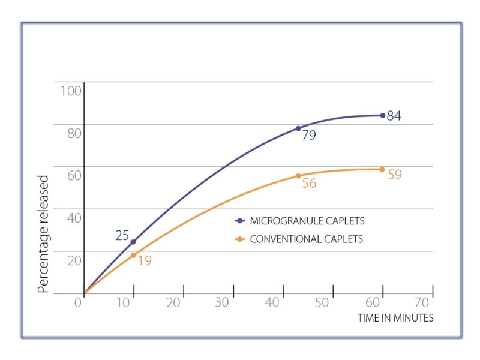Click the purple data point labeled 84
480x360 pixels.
[x=382, y=115]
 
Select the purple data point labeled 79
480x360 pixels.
[x=298, y=128]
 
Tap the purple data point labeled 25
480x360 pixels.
[x=133, y=242]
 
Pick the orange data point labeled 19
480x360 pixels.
[x=134, y=255]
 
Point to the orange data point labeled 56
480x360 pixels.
[x=298, y=176]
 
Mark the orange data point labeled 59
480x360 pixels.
[x=382, y=169]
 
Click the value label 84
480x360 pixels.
[x=394, y=116]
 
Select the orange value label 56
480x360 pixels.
[x=309, y=184]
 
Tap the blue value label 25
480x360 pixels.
[x=122, y=235]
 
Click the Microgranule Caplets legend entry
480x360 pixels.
[x=300, y=221]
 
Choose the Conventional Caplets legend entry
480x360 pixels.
[x=300, y=239]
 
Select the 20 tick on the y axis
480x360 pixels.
[x=73, y=260]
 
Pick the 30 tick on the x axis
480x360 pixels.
[x=222, y=302]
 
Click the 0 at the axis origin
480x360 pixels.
[x=77, y=302]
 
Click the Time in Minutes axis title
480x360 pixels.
[x=395, y=318]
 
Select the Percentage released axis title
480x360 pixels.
[x=43, y=234]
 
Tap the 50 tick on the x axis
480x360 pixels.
[x=322, y=302]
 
